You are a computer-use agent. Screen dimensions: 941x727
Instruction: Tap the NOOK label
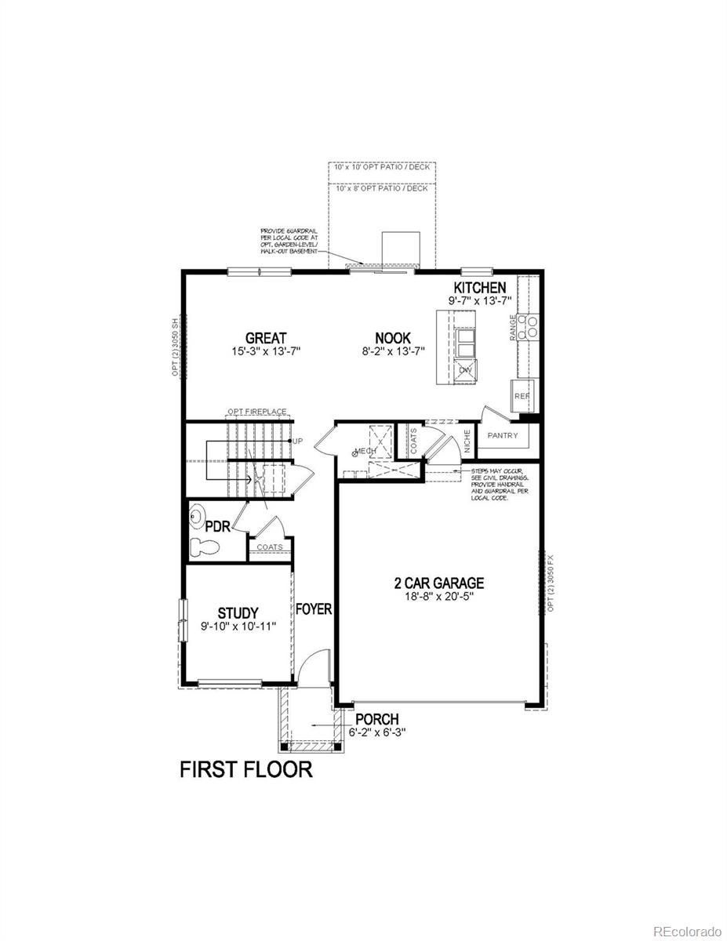392,338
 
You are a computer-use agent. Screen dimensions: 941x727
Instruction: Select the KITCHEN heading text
479,288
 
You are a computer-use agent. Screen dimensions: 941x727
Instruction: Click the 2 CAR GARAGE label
438,583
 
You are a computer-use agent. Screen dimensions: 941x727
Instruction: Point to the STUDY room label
238,612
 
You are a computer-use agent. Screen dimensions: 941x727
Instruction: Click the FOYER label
314,609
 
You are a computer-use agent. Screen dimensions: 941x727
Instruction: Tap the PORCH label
376,719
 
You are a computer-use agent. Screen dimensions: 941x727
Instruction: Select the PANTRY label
503,435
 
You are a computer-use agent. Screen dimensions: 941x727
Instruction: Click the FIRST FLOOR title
246,769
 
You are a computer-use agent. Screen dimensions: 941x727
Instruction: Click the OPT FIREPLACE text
256,412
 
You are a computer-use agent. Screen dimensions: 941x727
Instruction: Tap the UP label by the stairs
297,441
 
